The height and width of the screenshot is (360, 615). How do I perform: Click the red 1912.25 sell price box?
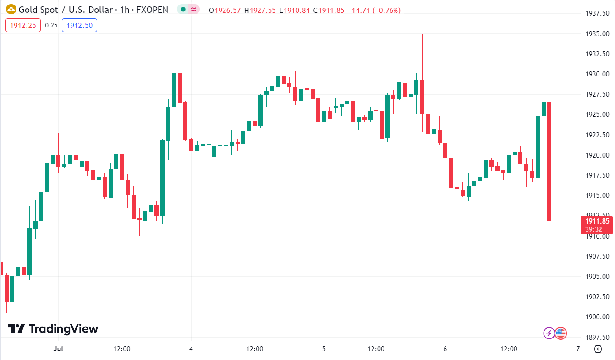pos(23,26)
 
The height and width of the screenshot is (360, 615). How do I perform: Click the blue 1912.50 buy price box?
pos(79,26)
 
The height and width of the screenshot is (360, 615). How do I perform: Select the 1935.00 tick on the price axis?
pos(596,33)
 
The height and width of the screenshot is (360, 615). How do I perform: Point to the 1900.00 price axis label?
pos(596,317)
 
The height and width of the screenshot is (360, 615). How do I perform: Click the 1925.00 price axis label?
pos(596,115)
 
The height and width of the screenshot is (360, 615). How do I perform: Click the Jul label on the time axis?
pos(58,349)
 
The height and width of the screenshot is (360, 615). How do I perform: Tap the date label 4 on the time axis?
pos(191,349)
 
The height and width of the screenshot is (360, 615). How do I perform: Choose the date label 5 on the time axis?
pos(324,349)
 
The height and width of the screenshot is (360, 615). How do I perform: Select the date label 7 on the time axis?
pos(578,349)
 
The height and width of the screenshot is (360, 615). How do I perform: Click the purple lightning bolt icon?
pos(549,333)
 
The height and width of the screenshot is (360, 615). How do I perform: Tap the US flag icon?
pos(561,333)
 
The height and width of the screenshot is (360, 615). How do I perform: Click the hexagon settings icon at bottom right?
pos(598,349)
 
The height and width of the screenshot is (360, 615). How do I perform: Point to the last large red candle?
pos(549,160)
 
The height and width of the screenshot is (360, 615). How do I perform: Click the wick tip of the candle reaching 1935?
pos(422,34)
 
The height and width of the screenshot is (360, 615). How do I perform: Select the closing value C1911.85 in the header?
pos(329,10)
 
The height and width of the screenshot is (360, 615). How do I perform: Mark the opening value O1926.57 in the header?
pos(225,10)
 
